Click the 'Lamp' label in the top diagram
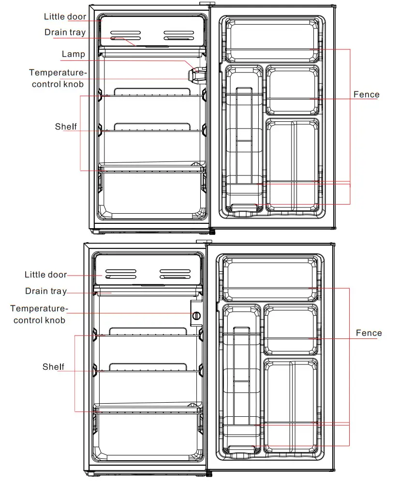[x=73, y=54]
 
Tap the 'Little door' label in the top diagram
[x=65, y=17]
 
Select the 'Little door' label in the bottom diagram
[x=45, y=275]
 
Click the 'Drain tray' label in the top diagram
[x=65, y=32]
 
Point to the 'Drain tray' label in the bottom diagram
[x=46, y=291]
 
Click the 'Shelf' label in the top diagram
[x=66, y=127]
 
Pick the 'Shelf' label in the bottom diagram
[x=53, y=367]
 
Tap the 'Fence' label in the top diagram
[x=366, y=94]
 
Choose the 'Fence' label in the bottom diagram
[x=369, y=333]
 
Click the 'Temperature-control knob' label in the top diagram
[x=58, y=78]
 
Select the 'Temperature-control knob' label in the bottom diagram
[x=39, y=314]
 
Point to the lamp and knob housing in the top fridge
[x=196, y=75]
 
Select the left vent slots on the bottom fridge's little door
[x=121, y=274]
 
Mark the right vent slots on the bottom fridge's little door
[x=175, y=274]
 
